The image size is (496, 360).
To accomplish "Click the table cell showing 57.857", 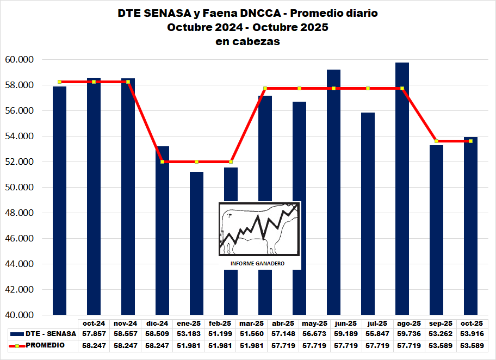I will pyautogui.click(x=94, y=333).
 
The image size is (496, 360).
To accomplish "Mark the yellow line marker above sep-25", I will pyautogui.click(x=436, y=141).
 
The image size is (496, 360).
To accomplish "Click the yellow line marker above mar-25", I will pyautogui.click(x=265, y=88).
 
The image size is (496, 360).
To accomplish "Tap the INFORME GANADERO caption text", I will pyautogui.click(x=258, y=264).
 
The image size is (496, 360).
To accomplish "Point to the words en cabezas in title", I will pyautogui.click(x=247, y=42).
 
